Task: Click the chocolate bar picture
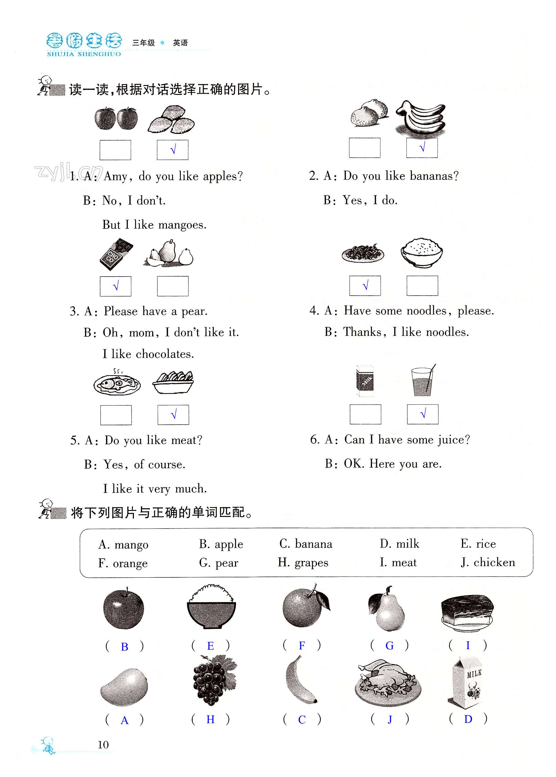116,254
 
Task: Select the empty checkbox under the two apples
115,150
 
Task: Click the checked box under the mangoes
172,150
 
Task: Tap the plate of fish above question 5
117,383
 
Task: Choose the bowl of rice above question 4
422,253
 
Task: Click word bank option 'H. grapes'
303,562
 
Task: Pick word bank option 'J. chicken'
488,562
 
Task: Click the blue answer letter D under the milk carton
468,719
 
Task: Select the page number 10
103,745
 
